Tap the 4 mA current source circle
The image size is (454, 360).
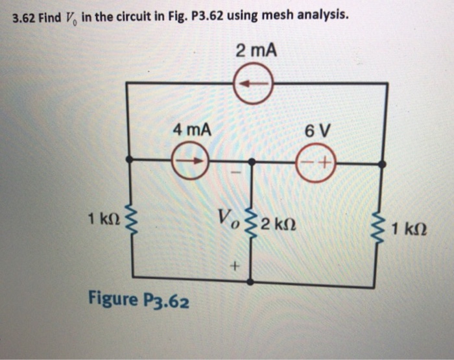coord(190,159)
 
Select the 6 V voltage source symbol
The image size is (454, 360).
coord(314,162)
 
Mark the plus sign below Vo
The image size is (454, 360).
coord(234,266)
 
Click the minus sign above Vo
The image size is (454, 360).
coord(236,174)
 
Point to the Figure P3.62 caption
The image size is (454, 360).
coord(139,300)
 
